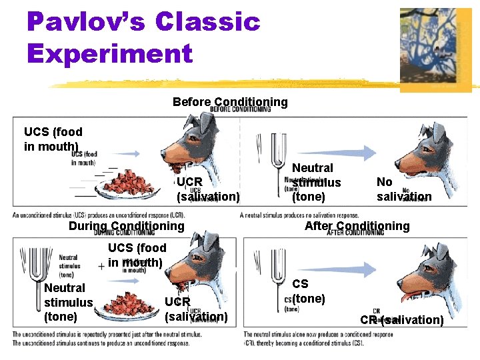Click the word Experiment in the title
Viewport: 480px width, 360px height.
[110, 53]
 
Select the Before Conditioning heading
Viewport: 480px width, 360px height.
[230, 102]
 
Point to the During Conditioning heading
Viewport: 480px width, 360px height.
[126, 226]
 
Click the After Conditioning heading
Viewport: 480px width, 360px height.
[357, 226]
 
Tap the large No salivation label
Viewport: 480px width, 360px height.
[403, 189]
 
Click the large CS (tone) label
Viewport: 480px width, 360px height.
[308, 291]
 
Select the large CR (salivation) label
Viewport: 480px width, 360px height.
[402, 320]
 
